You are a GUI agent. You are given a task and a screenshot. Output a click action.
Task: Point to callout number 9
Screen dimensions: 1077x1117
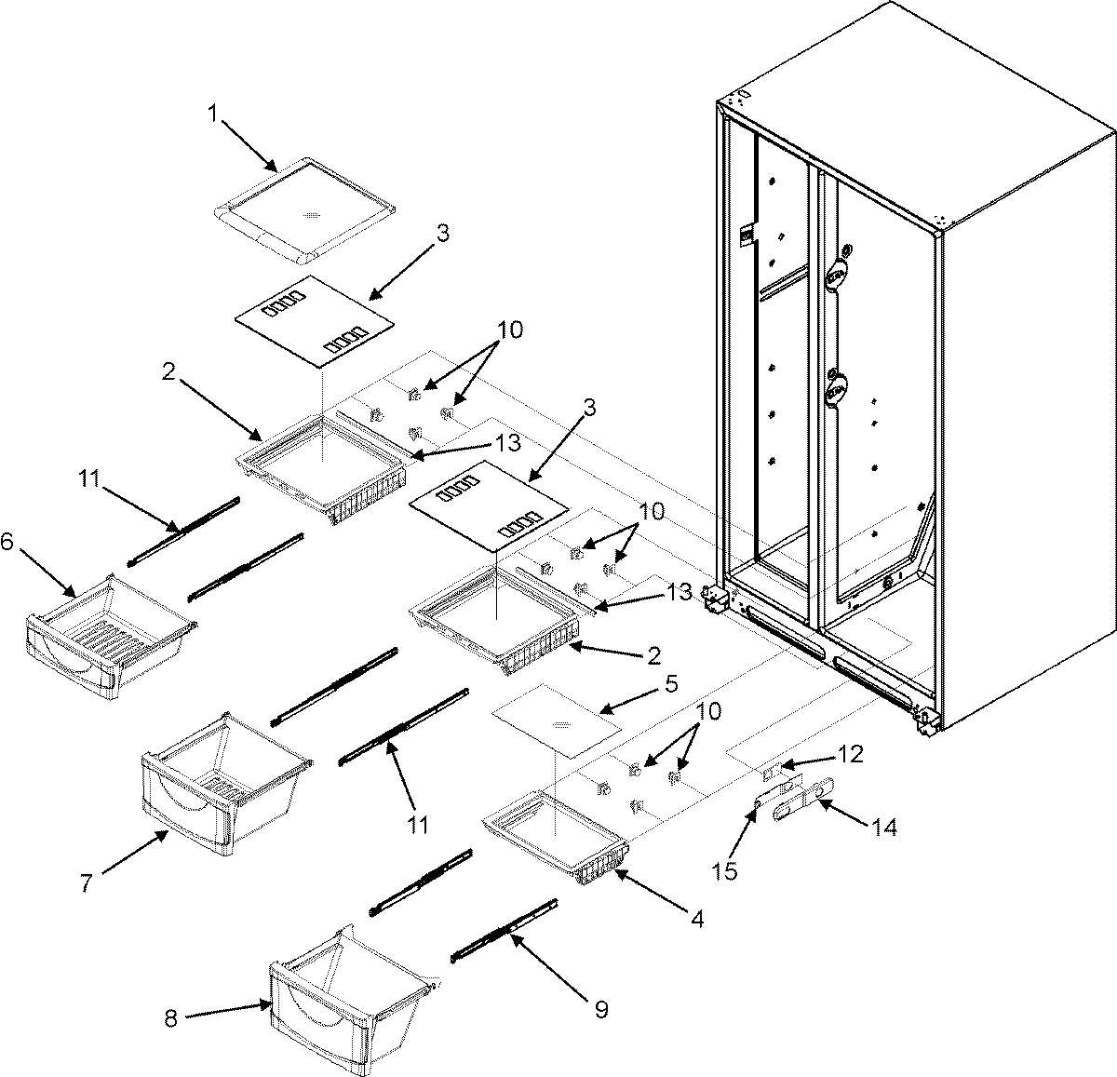600,1010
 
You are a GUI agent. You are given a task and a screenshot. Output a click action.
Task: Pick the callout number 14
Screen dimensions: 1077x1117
884,827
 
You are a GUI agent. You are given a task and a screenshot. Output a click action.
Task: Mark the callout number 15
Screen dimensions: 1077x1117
724,871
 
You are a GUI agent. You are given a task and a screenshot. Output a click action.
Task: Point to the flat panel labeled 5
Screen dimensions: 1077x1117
557,723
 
